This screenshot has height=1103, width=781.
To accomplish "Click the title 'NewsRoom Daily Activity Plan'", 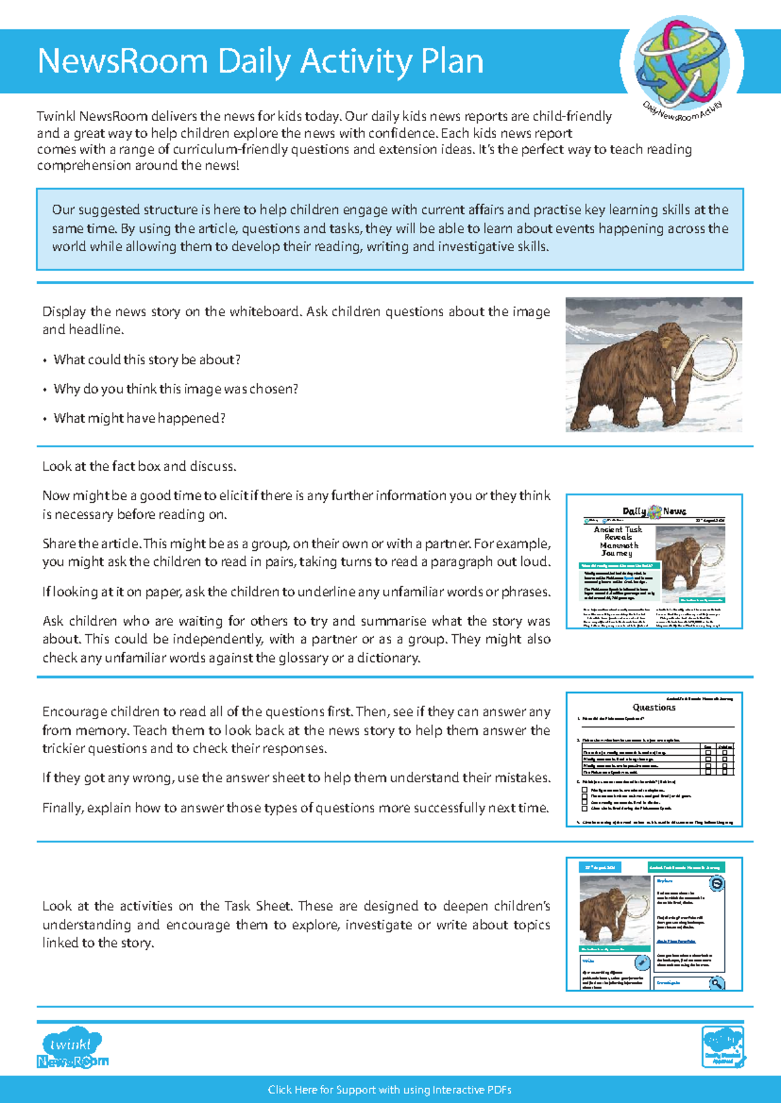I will pyautogui.click(x=260, y=62).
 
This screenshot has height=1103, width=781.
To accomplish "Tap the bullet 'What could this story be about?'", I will pyautogui.click(x=147, y=360).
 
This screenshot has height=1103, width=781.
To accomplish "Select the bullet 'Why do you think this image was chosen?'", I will pyautogui.click(x=176, y=389).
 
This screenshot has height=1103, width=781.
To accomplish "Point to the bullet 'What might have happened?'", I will pyautogui.click(x=139, y=418).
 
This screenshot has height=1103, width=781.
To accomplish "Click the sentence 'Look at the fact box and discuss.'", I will pyautogui.click(x=139, y=466).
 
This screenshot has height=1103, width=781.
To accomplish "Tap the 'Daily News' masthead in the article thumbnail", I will pyautogui.click(x=654, y=511).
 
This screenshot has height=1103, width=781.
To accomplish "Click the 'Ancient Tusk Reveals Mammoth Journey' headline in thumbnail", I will pyautogui.click(x=617, y=541).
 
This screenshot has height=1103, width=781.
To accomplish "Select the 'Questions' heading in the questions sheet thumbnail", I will pyautogui.click(x=654, y=707).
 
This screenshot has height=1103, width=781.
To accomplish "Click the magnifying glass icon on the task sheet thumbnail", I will pyautogui.click(x=716, y=983).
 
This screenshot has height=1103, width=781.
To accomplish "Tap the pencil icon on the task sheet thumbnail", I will pyautogui.click(x=642, y=963).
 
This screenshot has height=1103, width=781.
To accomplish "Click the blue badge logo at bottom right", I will pyautogui.click(x=722, y=1046).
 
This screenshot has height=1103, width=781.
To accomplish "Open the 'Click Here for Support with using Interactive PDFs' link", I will pyautogui.click(x=390, y=1090).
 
